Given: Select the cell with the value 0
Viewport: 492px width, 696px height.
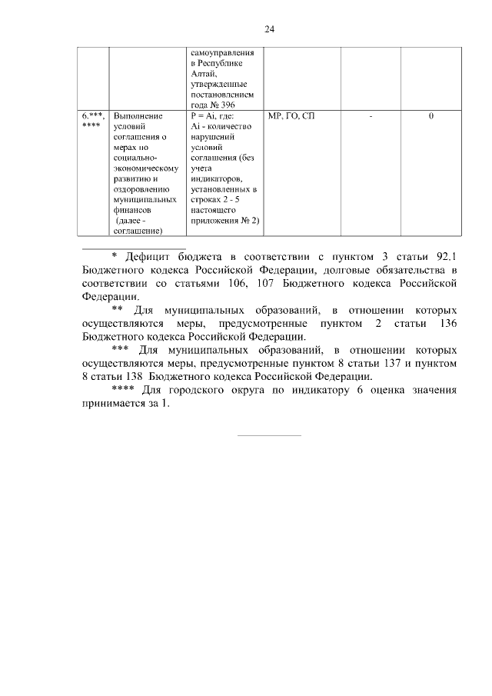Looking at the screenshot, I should [430, 116].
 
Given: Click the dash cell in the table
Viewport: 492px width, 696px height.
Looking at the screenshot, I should [371, 116].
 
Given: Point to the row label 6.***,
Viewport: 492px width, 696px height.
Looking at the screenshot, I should [93, 116].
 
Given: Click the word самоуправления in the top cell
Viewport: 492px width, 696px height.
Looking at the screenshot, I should [224, 52].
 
